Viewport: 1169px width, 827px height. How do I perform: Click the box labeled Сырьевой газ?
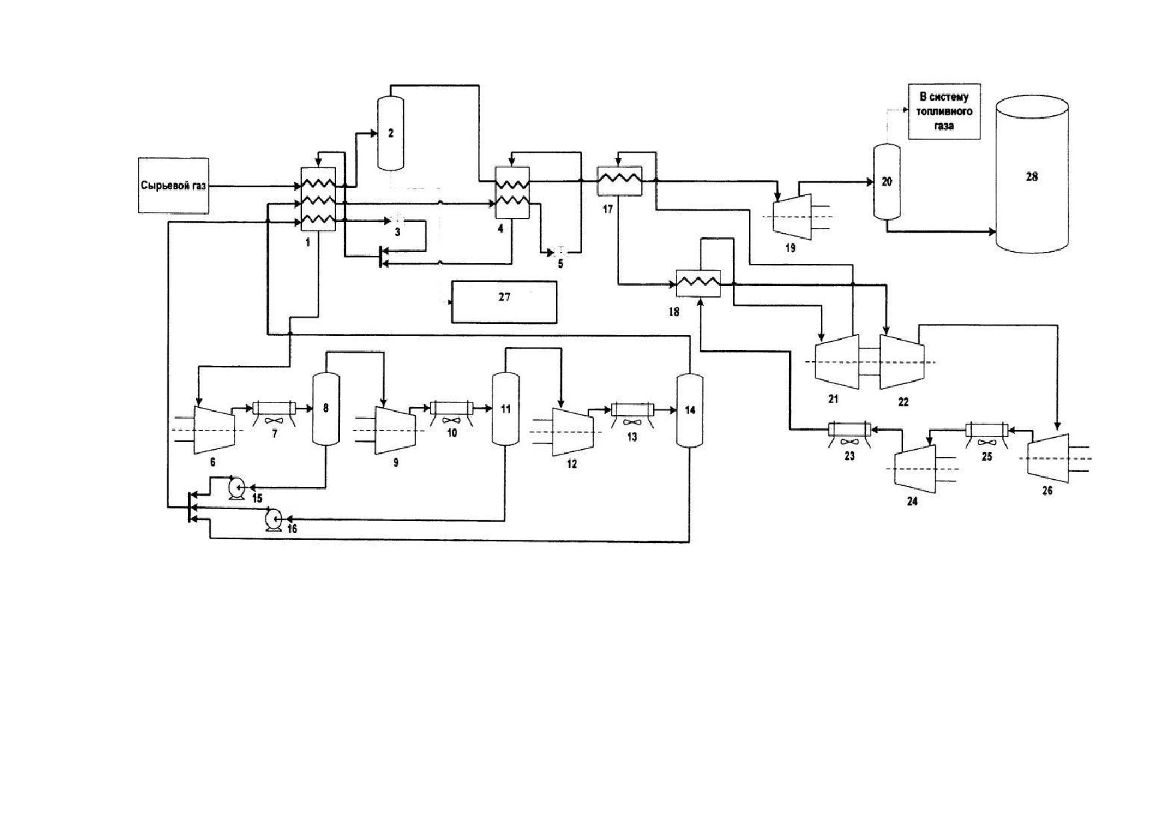[173, 185]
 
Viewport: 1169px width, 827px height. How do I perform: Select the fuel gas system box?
[944, 111]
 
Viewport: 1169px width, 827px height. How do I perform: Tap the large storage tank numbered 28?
[1032, 175]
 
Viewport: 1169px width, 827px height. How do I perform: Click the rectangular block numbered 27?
[504, 302]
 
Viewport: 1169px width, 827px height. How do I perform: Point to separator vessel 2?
[391, 133]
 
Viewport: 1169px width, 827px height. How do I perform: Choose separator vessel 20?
[886, 181]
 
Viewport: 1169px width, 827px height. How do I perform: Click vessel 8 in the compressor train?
[326, 409]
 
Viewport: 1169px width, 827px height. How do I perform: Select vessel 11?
[505, 409]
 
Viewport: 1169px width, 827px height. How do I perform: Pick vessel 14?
[690, 410]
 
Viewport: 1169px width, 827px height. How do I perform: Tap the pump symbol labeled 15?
[237, 488]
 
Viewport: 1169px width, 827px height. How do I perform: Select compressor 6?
[215, 430]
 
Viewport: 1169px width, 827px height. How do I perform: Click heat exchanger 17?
[619, 181]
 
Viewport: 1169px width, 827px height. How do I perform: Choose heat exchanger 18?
[698, 283]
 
